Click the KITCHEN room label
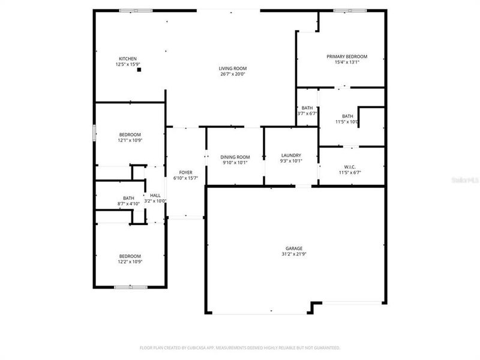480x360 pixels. [x=127, y=58]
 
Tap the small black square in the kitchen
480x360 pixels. [x=139, y=70]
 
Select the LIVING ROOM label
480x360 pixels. [x=232, y=68]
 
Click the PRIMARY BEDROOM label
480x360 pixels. [x=347, y=56]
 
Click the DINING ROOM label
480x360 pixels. [x=235, y=157]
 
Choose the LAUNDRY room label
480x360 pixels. [x=291, y=155]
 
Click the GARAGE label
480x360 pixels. [x=294, y=248]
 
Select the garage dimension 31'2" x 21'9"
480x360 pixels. [x=294, y=254]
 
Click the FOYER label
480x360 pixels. [x=186, y=172]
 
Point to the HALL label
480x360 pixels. [x=155, y=196]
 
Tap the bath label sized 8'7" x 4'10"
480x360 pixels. [x=128, y=198]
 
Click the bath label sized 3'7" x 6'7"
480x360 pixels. [x=307, y=108]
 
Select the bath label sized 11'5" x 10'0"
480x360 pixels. [x=347, y=116]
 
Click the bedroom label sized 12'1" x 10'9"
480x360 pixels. [x=130, y=134]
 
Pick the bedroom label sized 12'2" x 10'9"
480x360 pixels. [x=130, y=256]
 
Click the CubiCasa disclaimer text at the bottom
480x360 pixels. [x=240, y=347]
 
